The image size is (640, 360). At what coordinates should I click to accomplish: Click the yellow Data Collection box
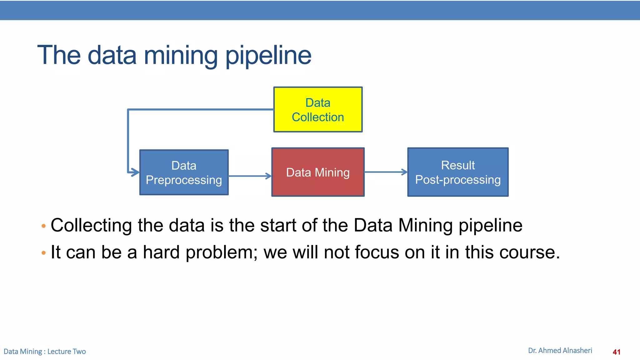click(318, 109)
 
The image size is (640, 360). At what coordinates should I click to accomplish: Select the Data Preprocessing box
click(184, 172)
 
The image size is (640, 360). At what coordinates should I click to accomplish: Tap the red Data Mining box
click(318, 172)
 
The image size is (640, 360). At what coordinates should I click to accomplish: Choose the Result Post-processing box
click(458, 172)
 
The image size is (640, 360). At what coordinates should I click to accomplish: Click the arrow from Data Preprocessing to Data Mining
click(250, 176)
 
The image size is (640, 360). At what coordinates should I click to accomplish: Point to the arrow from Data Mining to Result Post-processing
click(386, 172)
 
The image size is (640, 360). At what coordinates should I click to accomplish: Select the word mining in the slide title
click(180, 56)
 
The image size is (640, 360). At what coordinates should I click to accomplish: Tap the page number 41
click(616, 352)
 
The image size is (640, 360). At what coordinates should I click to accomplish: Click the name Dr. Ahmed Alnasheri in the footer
click(560, 351)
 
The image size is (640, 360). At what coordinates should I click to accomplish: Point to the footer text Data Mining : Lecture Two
click(45, 352)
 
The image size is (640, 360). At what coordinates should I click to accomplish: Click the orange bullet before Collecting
click(43, 226)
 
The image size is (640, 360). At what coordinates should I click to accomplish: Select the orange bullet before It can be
click(43, 252)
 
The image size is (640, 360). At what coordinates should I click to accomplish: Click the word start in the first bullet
click(278, 225)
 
